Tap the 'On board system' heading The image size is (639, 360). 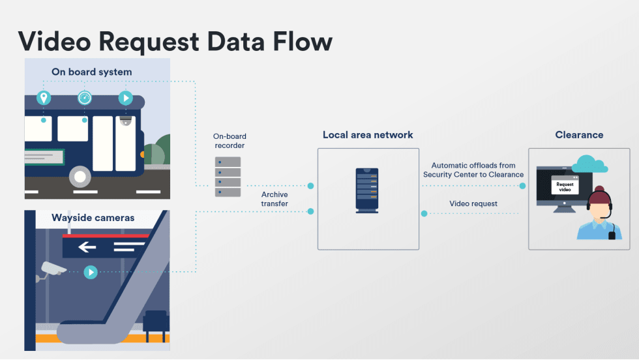click(91, 72)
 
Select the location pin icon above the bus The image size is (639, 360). click(44, 98)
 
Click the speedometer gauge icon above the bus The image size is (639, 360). click(84, 98)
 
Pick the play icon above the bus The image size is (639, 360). click(125, 98)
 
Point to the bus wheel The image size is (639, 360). click(80, 175)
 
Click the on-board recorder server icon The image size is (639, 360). click(228, 176)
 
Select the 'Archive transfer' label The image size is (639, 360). click(275, 199)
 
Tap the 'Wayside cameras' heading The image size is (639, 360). click(93, 217)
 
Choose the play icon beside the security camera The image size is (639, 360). click(91, 272)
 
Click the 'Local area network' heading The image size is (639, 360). click(368, 135)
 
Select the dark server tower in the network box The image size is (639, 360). click(366, 190)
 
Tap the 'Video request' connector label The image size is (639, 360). click(473, 203)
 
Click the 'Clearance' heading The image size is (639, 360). click(579, 135)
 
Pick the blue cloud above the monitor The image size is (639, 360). click(590, 164)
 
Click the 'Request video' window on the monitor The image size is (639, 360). click(565, 185)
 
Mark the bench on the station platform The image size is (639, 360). click(155, 323)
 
